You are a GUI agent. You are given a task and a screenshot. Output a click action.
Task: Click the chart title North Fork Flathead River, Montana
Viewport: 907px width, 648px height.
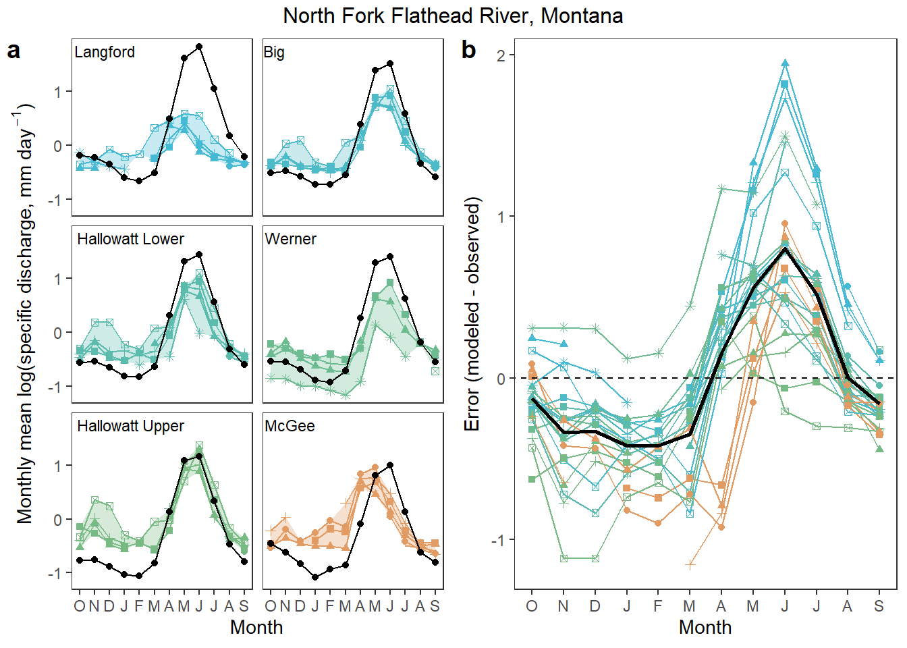click(x=453, y=16)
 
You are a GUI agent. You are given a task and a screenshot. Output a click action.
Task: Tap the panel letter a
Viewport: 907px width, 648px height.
click(x=13, y=51)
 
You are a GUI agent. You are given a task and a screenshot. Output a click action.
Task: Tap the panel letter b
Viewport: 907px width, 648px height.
click(x=468, y=51)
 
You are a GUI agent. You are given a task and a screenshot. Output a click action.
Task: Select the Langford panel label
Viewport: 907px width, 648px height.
click(x=105, y=53)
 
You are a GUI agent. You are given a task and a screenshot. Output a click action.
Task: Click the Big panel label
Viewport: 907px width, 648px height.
click(x=274, y=53)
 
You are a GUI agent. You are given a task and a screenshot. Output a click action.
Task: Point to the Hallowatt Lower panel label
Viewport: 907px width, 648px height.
click(x=130, y=240)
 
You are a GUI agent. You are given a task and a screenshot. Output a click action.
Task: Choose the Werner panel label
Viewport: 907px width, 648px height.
click(x=290, y=240)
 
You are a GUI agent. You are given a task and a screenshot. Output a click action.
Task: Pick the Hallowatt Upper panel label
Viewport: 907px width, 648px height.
click(x=130, y=427)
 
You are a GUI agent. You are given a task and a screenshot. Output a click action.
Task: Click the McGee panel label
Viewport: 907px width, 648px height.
click(x=290, y=427)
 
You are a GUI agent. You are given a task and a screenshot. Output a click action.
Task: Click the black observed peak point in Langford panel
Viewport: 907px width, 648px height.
click(x=199, y=47)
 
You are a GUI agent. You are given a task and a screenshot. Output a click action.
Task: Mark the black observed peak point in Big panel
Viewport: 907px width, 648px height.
click(x=390, y=63)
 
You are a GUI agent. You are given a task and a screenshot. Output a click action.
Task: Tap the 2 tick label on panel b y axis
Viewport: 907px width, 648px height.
click(x=501, y=55)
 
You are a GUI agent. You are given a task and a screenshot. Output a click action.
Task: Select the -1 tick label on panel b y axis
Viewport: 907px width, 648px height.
click(x=498, y=540)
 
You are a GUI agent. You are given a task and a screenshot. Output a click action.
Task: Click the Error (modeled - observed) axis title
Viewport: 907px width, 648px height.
click(x=473, y=314)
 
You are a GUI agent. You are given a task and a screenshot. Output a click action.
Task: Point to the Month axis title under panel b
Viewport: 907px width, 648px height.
click(x=705, y=627)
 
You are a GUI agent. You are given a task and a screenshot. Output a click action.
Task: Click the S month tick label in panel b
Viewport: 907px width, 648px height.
click(x=879, y=606)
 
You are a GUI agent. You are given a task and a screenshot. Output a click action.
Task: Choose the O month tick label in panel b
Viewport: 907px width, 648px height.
click(x=532, y=606)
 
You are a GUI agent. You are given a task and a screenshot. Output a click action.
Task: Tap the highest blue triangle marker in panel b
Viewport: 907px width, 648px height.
click(x=785, y=63)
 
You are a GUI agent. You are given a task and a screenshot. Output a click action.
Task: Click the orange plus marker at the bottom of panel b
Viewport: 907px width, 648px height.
click(x=690, y=564)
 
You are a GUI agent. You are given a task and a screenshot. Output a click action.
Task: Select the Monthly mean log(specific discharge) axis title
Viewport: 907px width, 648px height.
click(x=25, y=314)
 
